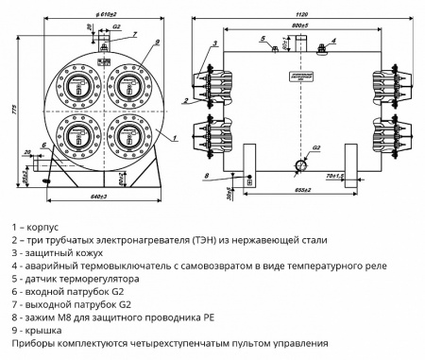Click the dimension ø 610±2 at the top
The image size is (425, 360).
[104, 17]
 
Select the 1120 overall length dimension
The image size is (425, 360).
[299, 17]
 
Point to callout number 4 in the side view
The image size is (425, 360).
[335, 43]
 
